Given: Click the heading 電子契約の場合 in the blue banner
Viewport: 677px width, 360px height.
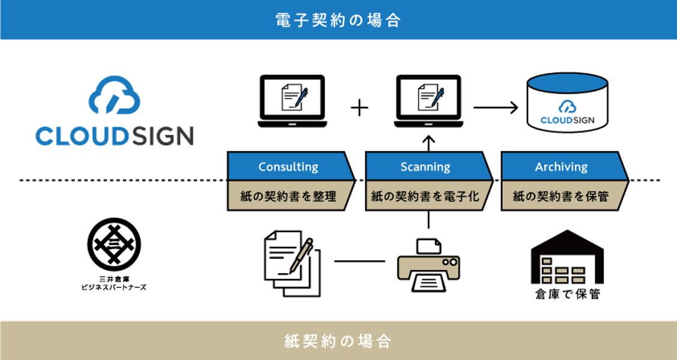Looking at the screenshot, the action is click(x=338, y=20).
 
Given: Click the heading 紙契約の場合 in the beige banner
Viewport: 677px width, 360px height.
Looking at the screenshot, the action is click(x=338, y=341).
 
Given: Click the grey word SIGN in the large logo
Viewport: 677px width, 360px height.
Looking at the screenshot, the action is click(x=162, y=136).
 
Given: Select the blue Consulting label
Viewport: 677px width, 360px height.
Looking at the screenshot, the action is click(x=289, y=167).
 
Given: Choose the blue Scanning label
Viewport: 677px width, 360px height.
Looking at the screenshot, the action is click(x=426, y=167).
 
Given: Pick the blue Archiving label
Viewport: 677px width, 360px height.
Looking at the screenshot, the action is click(x=561, y=167).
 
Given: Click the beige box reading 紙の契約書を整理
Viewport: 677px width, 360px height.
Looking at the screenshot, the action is click(x=289, y=196).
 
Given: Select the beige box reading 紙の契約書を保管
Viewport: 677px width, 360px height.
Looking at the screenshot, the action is click(x=561, y=196).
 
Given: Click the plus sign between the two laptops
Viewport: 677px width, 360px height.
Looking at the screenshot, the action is click(x=360, y=107).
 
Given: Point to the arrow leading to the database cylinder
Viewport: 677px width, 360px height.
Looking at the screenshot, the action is click(x=496, y=107).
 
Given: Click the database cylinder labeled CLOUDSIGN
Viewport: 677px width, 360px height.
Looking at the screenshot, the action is click(x=567, y=103).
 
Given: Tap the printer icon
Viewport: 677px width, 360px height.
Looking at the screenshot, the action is click(x=429, y=265).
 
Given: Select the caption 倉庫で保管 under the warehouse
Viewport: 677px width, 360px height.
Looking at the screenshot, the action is click(x=567, y=295).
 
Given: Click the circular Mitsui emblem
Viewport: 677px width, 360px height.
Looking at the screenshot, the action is click(x=114, y=244).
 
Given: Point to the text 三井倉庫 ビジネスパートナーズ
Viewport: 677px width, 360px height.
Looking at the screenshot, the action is click(x=114, y=283).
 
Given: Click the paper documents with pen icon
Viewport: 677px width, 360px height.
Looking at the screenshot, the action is click(x=292, y=263).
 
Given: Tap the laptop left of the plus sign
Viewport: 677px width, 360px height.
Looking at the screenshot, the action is click(x=292, y=101).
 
